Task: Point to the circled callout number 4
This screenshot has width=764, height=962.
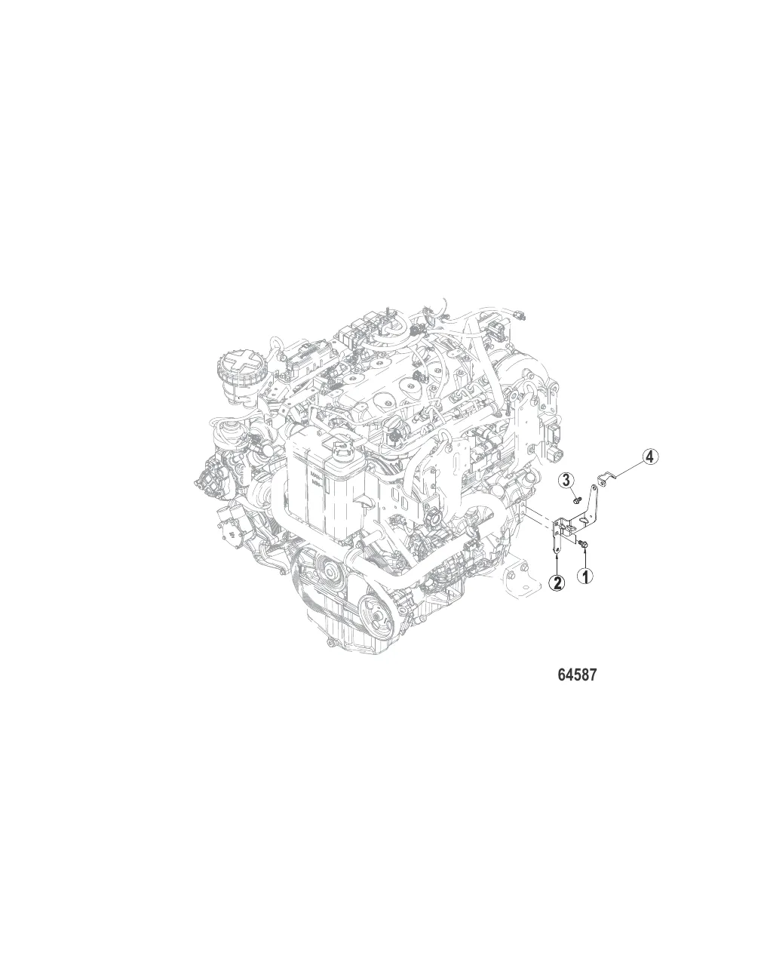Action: point(651,456)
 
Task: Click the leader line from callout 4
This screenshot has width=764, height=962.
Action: point(629,469)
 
